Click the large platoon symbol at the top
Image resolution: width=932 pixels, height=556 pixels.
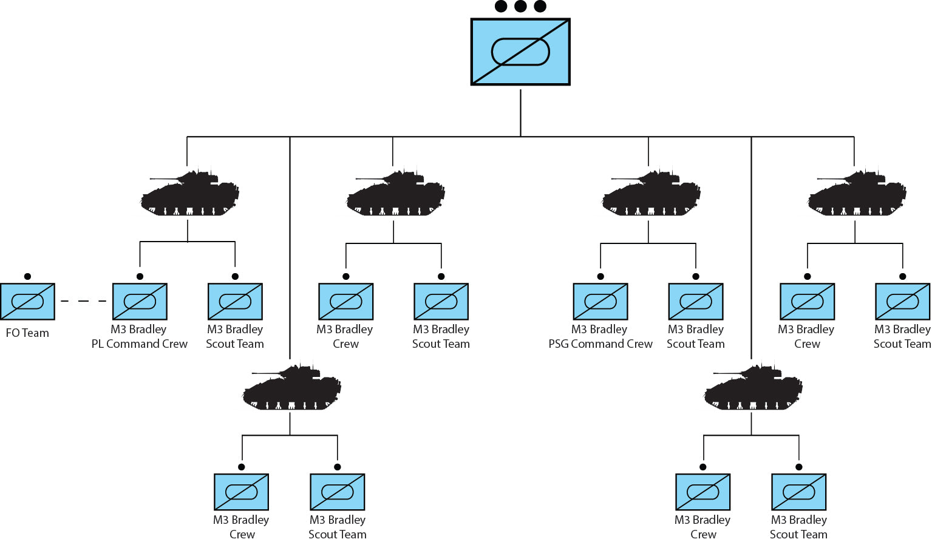pyautogui.click(x=520, y=52)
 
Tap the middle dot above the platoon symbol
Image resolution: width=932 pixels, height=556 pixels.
pyautogui.click(x=520, y=6)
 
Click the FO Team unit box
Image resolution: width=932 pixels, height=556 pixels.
pyautogui.click(x=27, y=302)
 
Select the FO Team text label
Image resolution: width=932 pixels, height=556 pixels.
pyautogui.click(x=27, y=333)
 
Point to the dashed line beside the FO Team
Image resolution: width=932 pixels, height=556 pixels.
pyautogui.click(x=83, y=301)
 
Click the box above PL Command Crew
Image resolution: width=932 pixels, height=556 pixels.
pyautogui.click(x=140, y=302)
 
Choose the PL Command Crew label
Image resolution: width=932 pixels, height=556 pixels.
pyautogui.click(x=140, y=344)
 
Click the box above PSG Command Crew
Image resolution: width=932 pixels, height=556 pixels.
pyautogui.click(x=600, y=302)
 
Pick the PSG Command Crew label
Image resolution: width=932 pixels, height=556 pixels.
pyautogui.click(x=600, y=344)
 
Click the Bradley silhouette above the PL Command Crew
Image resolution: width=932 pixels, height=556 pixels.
pyautogui.click(x=189, y=192)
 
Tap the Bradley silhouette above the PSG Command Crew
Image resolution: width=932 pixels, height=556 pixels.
pyautogui.click(x=651, y=192)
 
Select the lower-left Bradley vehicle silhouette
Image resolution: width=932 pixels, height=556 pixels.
pyautogui.click(x=291, y=387)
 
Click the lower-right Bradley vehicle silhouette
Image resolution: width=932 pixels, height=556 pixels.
pyautogui.click(x=753, y=387)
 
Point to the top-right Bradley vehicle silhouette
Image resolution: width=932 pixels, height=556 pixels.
pyautogui.click(x=857, y=192)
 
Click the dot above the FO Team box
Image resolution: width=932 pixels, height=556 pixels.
pyautogui.click(x=27, y=277)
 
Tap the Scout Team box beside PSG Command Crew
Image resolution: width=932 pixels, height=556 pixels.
pyautogui.click(x=696, y=302)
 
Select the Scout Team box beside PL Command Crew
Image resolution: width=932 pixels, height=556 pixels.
pyautogui.click(x=235, y=302)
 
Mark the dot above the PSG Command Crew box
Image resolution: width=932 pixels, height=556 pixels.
pyautogui.click(x=600, y=277)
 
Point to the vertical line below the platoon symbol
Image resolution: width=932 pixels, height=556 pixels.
pyautogui.click(x=520, y=113)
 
